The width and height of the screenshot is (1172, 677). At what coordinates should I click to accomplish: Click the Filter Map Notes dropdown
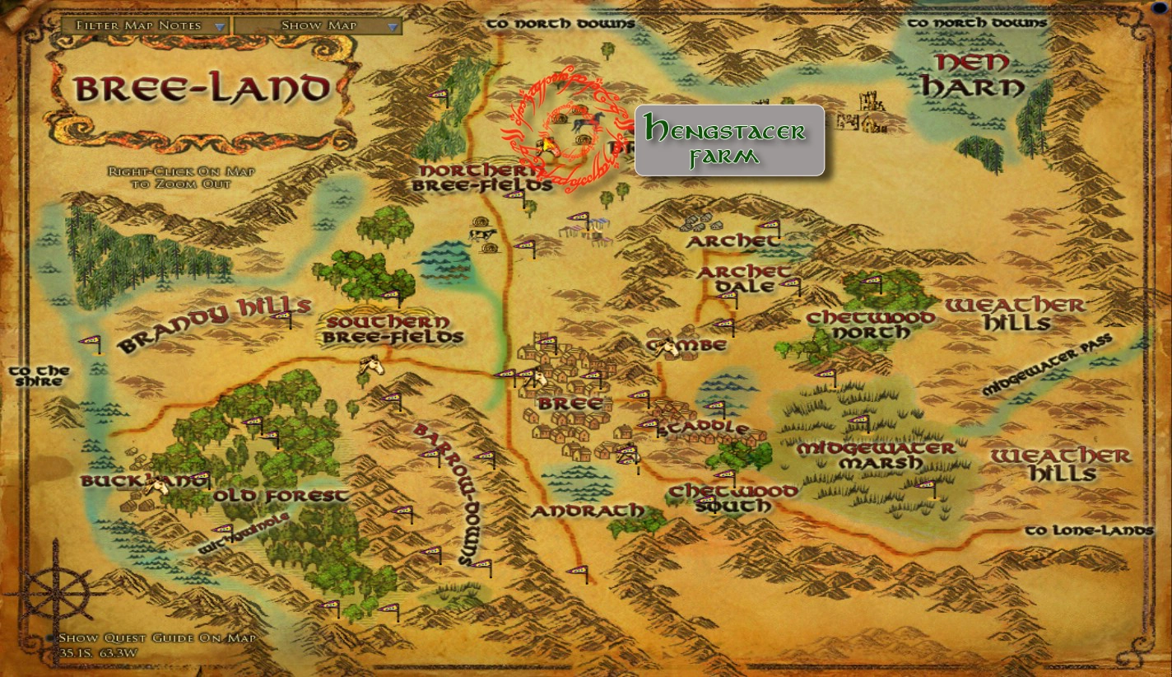pos(145,26)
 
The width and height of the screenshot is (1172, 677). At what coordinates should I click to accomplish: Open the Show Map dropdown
pos(318,26)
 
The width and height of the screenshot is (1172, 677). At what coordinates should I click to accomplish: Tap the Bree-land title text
pos(202,88)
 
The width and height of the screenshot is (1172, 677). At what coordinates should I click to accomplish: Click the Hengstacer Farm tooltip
pos(729,140)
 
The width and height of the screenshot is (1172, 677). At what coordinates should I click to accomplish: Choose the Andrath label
pos(587,511)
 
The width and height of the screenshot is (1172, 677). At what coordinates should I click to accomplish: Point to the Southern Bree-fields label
pos(393,329)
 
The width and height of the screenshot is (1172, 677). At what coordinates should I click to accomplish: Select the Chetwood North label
pos(870,324)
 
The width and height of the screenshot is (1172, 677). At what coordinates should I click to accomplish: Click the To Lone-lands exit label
pos(1089,530)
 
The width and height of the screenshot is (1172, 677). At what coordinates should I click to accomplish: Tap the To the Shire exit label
pos(39,376)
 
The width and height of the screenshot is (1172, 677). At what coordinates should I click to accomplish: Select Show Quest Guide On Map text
pos(156,638)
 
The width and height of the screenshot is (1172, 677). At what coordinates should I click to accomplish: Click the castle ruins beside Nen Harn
pos(870,112)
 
